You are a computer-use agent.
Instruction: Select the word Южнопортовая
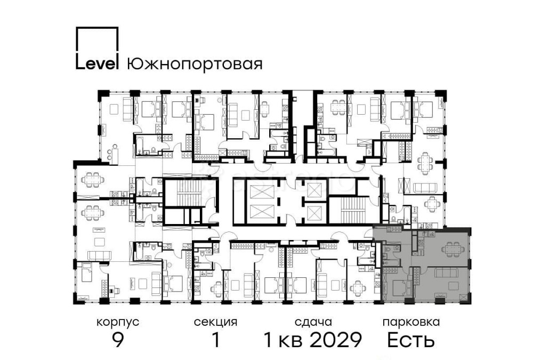pos(195,65)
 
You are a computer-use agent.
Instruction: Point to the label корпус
pos(118,322)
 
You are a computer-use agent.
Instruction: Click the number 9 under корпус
pos(118,340)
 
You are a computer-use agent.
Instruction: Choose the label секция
pos(215,322)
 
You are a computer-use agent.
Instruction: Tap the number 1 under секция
pos(216,340)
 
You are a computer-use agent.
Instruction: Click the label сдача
pos(313,322)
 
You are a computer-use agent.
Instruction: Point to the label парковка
pos(411,322)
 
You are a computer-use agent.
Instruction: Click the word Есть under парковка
pos(411,340)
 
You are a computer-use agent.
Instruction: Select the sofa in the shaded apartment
pos(447,274)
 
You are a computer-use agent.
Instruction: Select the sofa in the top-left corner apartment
pos(128,109)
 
